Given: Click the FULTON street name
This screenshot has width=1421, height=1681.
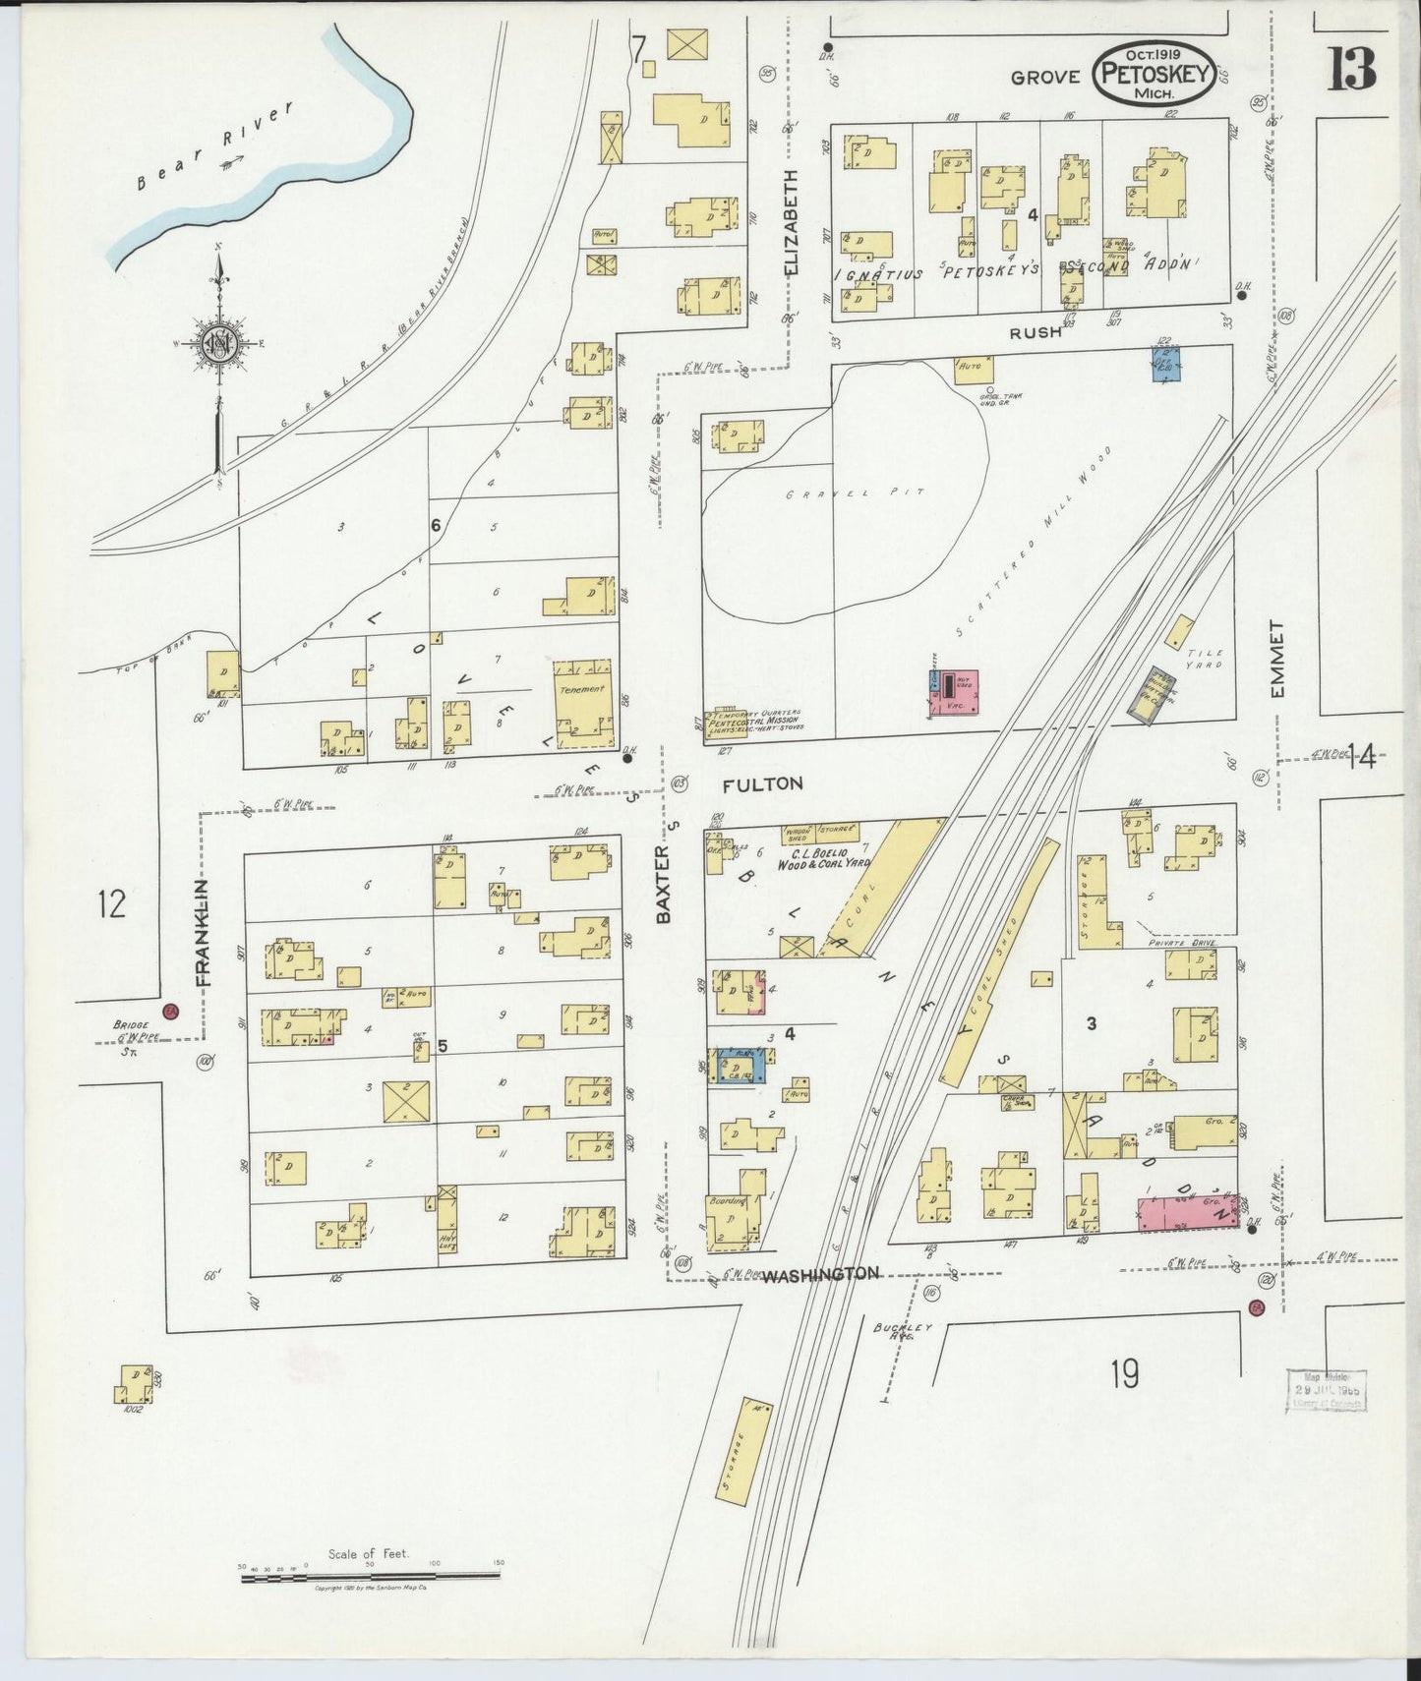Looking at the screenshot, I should point(762,783).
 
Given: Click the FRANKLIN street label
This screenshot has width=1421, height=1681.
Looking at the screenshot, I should point(203,932).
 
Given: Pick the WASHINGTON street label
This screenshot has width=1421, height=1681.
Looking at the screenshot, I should point(820,1274).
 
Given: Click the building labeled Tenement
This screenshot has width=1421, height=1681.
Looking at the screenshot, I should point(584,702).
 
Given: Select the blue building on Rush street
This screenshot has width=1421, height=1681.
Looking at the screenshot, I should point(1166,363).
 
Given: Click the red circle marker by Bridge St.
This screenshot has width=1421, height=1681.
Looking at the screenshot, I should point(169,1012).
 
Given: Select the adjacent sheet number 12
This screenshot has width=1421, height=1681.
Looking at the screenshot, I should point(112,902).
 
